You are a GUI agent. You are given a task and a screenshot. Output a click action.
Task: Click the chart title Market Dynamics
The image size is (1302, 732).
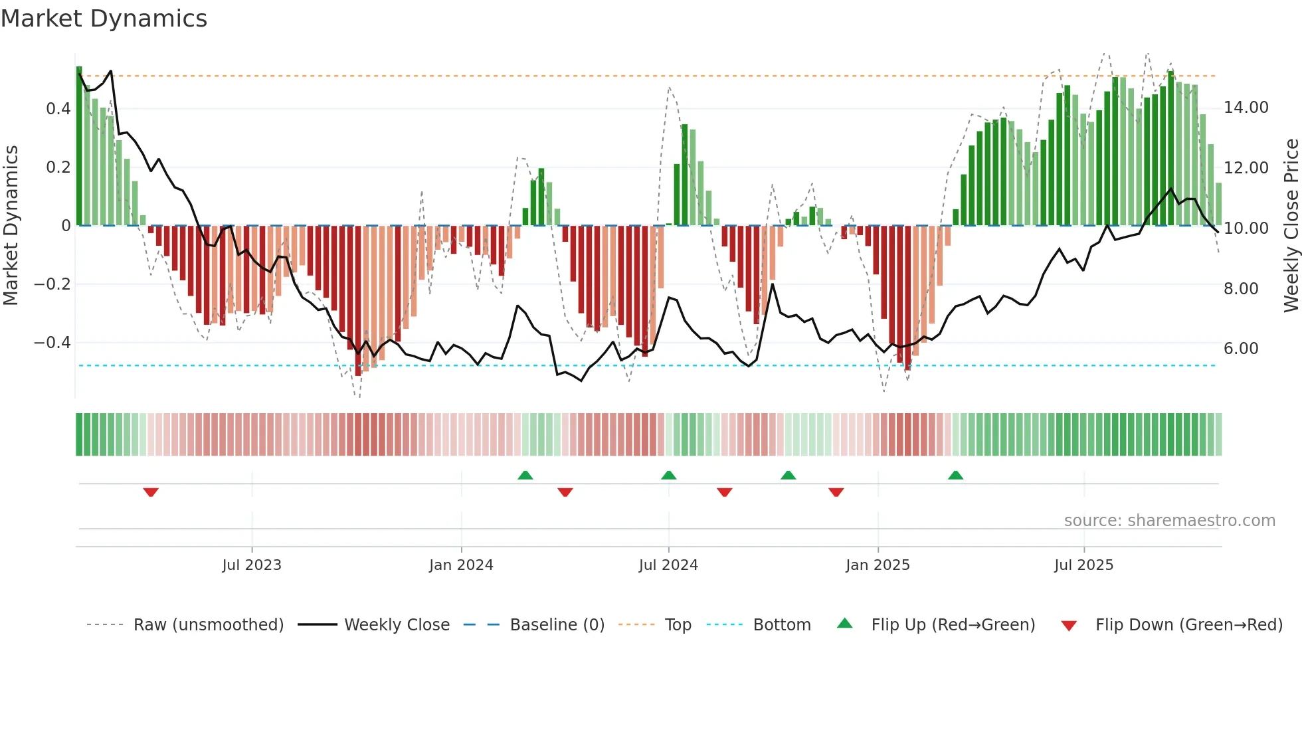pyautogui.click(x=104, y=19)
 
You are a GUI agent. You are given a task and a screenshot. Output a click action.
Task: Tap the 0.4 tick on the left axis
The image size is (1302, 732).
pyautogui.click(x=58, y=108)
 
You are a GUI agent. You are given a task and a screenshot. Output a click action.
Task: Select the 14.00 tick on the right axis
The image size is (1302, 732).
pyautogui.click(x=1246, y=108)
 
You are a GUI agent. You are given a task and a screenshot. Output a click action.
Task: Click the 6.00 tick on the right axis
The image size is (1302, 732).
pyautogui.click(x=1241, y=349)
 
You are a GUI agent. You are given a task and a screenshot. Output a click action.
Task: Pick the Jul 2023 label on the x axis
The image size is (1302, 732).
pyautogui.click(x=252, y=565)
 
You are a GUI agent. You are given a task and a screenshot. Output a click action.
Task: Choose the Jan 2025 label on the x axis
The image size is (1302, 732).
pyautogui.click(x=878, y=565)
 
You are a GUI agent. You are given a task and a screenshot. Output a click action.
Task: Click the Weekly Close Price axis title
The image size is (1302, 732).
pyautogui.click(x=1291, y=225)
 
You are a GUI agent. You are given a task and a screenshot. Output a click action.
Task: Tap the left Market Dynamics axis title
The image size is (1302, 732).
pyautogui.click(x=11, y=225)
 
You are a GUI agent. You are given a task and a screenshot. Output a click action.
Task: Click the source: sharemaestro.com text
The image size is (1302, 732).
pyautogui.click(x=1169, y=521)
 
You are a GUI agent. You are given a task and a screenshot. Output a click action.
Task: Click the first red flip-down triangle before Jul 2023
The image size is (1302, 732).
pyautogui.click(x=151, y=492)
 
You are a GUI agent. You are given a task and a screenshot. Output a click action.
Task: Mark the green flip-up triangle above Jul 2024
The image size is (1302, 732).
pyautogui.click(x=669, y=475)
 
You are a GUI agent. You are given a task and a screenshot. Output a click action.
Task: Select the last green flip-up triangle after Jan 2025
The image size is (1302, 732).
pyautogui.click(x=955, y=475)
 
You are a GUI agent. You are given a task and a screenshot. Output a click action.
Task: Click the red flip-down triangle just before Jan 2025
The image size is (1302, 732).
pyautogui.click(x=836, y=492)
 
